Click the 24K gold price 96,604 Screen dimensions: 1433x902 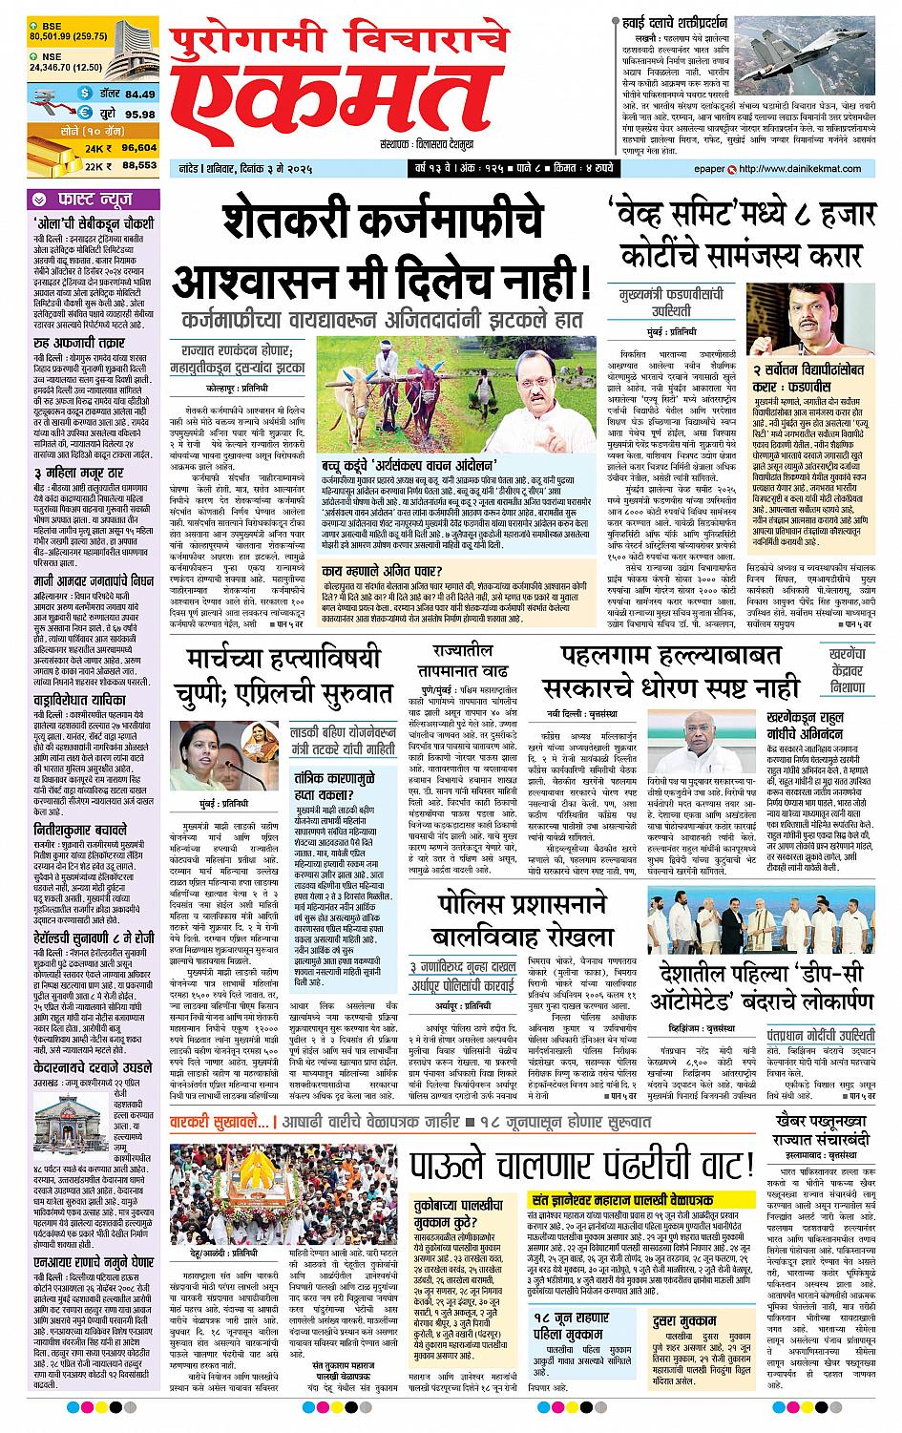click(138, 148)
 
